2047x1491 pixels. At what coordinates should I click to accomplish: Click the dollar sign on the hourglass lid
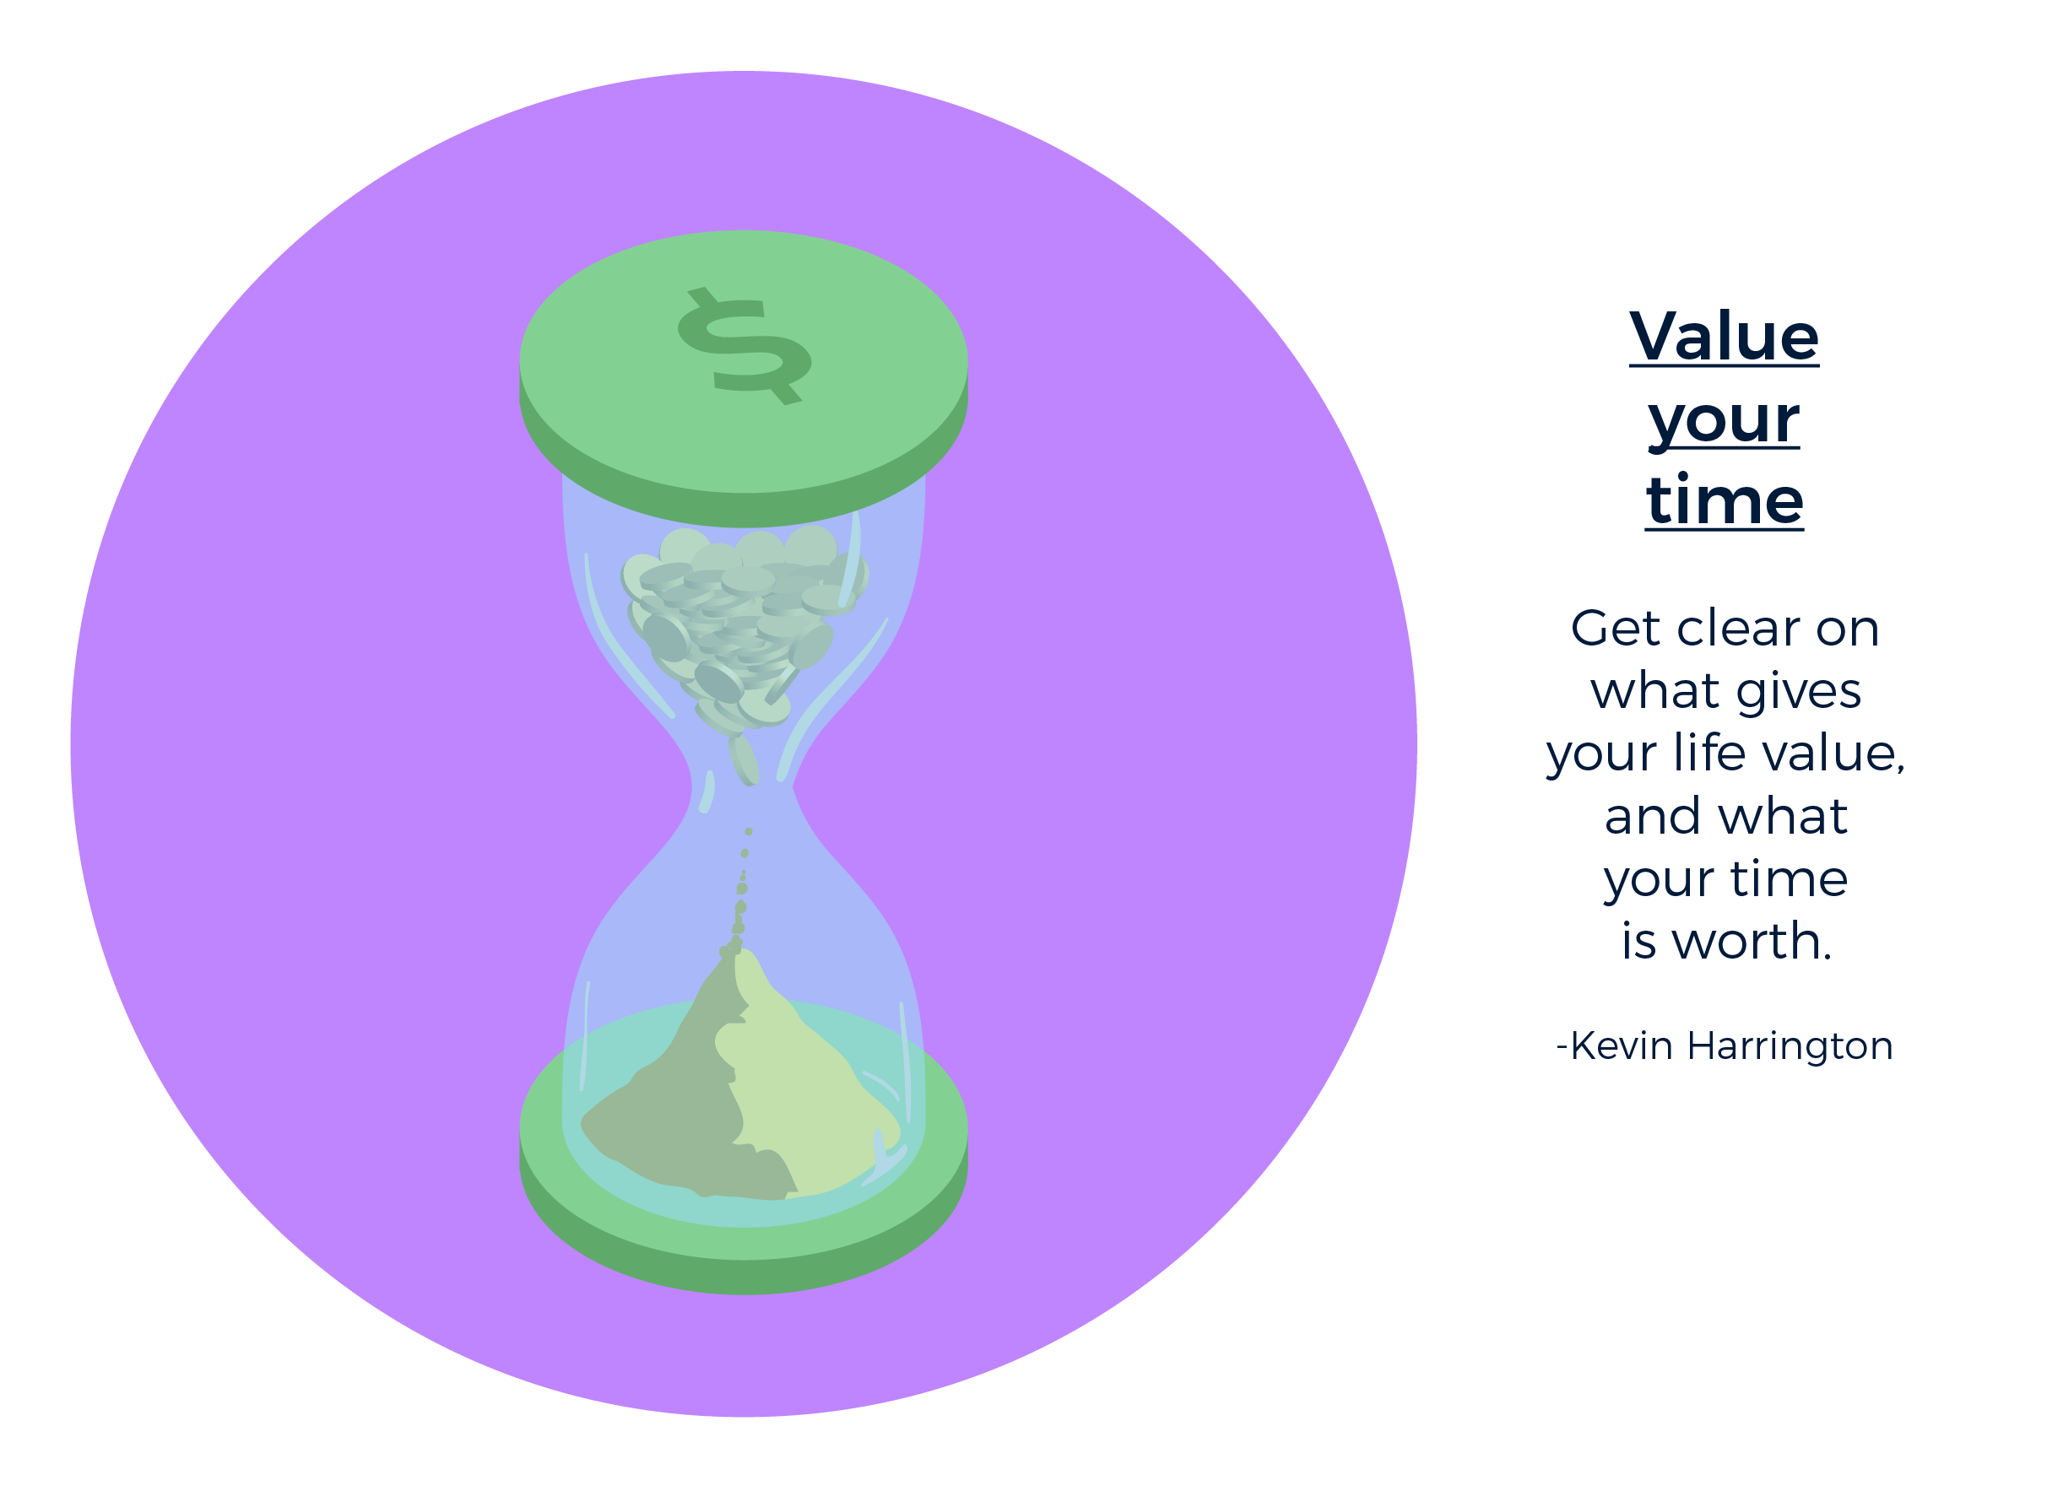745,347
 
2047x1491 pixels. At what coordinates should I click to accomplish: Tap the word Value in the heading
1724,337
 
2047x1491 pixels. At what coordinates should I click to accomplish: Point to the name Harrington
1790,1046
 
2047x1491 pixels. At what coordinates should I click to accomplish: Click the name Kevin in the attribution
1622,1046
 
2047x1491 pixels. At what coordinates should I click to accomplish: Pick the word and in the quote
1653,817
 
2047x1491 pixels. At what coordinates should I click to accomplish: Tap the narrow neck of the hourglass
742,787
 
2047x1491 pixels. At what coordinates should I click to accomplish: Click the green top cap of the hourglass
743,379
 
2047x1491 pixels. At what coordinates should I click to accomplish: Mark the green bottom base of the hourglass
743,1255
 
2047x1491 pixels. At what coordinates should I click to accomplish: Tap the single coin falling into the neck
744,760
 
